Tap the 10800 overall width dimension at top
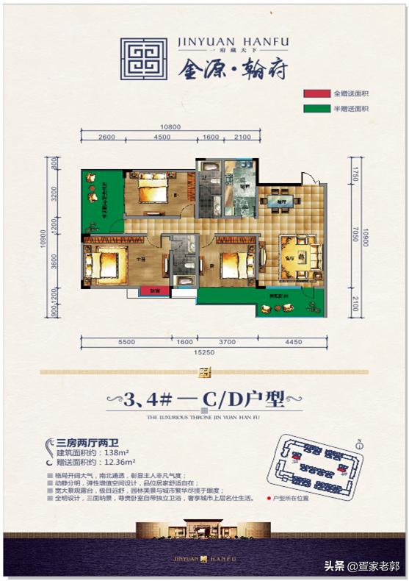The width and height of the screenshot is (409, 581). pos(170,126)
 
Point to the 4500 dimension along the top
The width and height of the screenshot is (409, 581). pos(162,138)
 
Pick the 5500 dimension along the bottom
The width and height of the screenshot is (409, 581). pos(126,341)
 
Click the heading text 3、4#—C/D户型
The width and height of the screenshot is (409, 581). pos(204,402)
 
